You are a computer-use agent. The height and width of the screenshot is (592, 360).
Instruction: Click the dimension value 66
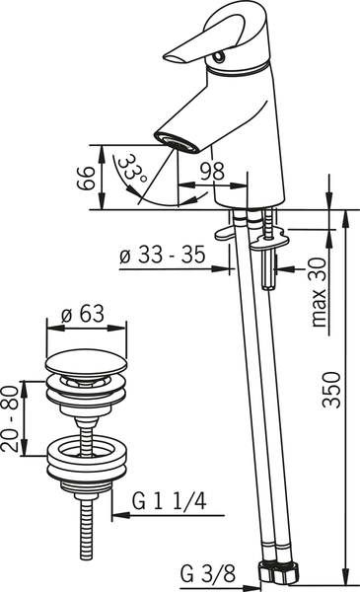(86, 178)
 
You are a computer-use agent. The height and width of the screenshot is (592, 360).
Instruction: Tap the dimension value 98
(209, 170)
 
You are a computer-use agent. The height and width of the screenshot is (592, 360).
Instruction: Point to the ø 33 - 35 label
(162, 256)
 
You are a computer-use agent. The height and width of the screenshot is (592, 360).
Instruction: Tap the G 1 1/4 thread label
(171, 500)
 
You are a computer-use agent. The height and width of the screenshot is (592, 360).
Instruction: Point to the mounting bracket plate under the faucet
(260, 235)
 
